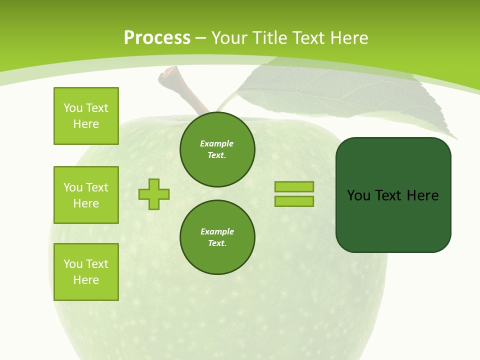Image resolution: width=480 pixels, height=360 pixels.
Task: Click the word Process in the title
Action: [x=157, y=38]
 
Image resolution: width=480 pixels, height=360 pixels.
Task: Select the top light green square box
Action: [x=86, y=116]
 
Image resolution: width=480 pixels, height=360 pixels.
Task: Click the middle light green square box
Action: [x=86, y=195]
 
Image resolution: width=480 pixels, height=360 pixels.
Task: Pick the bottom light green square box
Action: [x=86, y=272]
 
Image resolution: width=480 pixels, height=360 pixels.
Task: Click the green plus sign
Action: [x=154, y=194]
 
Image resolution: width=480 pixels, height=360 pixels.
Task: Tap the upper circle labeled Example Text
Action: [x=217, y=149]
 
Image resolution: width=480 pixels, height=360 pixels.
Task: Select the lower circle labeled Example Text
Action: [x=217, y=237]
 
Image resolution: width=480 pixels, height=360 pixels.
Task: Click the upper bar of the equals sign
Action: [x=294, y=186]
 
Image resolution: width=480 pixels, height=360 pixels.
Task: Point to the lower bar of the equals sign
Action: [x=294, y=201]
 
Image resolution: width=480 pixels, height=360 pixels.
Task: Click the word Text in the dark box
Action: [x=389, y=195]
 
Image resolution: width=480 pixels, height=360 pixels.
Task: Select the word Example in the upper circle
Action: [x=217, y=143]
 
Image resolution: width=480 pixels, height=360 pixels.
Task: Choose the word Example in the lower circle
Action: [x=217, y=231]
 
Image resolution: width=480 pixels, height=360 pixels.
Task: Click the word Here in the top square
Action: [x=86, y=124]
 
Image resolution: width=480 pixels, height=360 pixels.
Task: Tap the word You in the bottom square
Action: [x=72, y=264]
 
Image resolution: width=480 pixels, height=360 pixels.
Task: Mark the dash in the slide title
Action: [x=201, y=38]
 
